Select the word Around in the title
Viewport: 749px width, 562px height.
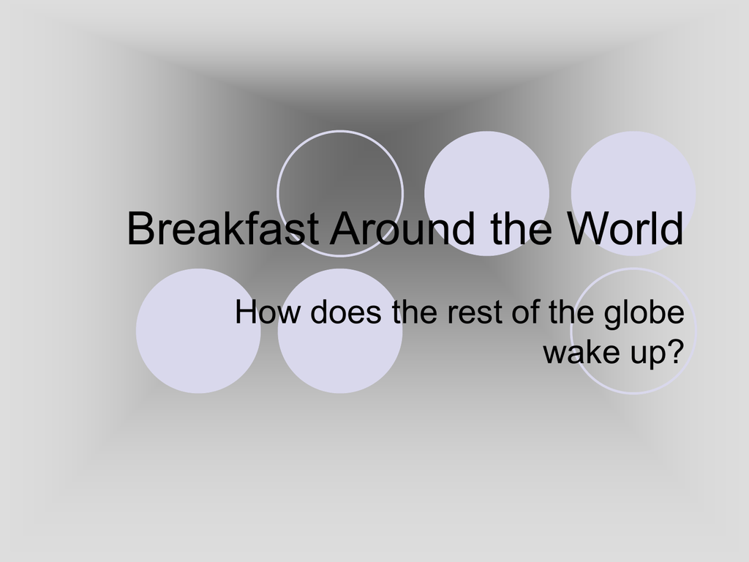click(403, 228)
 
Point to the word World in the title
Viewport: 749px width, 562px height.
click(626, 228)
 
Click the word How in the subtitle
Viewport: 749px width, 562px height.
click(268, 312)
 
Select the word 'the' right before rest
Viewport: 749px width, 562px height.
click(415, 312)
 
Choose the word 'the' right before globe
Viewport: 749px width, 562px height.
click(571, 312)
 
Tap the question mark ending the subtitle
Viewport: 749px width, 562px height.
click(675, 351)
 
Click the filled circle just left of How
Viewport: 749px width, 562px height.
click(198, 331)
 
